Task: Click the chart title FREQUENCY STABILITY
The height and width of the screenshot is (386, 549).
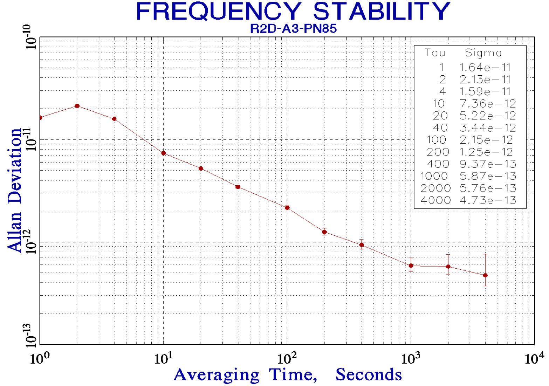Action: pos(293,11)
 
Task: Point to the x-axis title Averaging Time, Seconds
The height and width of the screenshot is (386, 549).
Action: pos(287,374)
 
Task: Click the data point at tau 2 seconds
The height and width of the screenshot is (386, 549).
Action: pos(77,106)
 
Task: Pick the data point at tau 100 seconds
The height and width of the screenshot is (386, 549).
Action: pos(287,208)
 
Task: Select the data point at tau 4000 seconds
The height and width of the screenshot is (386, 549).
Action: pos(485,275)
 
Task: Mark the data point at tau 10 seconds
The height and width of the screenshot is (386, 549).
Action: pos(164,153)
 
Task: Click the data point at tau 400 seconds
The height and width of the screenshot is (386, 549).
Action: pos(362,245)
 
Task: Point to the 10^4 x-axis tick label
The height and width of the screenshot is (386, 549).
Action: pos(534,358)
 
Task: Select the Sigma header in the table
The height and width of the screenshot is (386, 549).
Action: pos(483,53)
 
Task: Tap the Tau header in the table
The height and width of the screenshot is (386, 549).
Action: pos(435,53)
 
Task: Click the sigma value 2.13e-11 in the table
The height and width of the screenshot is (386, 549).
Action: pos(485,80)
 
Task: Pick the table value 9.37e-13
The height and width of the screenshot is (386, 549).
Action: pos(488,164)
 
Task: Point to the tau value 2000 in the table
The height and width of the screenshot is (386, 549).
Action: pos(435,188)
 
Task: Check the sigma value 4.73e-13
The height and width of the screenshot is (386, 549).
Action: pos(488,200)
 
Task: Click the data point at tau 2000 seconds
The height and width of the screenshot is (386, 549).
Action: pos(448,267)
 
